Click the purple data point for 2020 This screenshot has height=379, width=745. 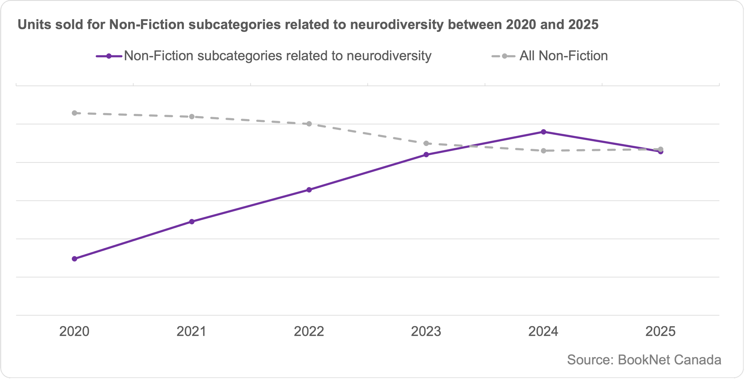[74, 259]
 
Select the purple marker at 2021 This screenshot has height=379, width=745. [192, 222]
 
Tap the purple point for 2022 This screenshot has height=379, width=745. [309, 190]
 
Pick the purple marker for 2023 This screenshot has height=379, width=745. [426, 155]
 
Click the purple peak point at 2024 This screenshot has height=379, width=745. [544, 132]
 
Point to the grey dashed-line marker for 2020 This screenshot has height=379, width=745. [74, 113]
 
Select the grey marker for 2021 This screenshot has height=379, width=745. [192, 117]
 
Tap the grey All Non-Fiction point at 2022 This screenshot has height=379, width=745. [309, 124]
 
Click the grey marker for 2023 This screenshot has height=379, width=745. [426, 143]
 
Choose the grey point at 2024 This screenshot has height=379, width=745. [544, 151]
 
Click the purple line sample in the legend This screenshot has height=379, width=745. [109, 56]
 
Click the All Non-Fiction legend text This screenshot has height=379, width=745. [564, 56]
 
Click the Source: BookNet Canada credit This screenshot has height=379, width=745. [644, 360]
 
